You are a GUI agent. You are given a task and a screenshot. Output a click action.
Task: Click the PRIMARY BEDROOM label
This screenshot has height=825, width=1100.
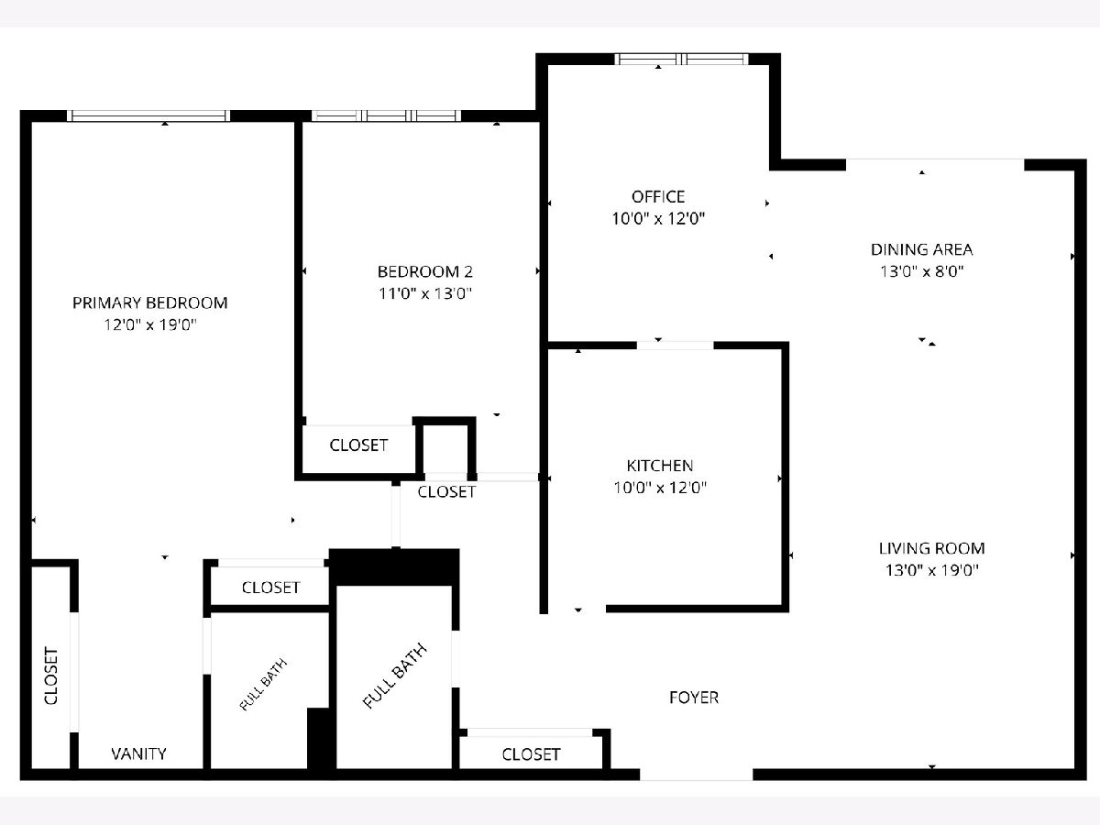(149, 303)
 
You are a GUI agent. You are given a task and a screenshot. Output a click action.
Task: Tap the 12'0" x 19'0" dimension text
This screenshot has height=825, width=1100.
(149, 325)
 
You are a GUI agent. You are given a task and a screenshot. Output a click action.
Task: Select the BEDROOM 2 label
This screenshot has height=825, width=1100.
(425, 271)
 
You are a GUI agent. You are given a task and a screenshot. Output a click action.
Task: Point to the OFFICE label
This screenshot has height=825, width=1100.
(658, 197)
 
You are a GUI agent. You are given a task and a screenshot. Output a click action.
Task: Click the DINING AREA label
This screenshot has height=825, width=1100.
(921, 249)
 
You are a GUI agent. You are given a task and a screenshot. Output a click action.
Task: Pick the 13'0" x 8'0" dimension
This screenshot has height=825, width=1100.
(921, 271)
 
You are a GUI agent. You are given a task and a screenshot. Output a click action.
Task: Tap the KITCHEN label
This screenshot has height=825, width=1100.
(659, 466)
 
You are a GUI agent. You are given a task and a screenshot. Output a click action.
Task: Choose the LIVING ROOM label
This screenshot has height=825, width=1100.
(931, 548)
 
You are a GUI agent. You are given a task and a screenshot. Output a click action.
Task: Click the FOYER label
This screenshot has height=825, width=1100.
(694, 698)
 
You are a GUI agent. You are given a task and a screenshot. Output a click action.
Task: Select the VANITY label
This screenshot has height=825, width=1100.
(138, 753)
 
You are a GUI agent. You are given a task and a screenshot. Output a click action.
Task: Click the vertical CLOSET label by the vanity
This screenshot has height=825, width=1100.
(51, 676)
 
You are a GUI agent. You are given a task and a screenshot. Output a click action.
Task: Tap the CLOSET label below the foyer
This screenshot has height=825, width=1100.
(531, 754)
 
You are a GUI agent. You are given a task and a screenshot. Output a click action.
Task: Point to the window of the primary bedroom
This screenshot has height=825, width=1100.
(148, 115)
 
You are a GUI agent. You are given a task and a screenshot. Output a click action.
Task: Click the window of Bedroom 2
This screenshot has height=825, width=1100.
(386, 115)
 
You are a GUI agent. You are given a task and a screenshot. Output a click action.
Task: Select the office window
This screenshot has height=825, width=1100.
(682, 59)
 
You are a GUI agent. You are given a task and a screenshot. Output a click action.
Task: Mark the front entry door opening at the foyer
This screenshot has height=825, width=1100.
(697, 775)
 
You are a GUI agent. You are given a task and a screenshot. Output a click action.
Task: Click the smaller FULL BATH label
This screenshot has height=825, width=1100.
(264, 684)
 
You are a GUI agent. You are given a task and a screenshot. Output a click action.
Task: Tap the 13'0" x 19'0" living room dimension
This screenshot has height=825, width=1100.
(931, 570)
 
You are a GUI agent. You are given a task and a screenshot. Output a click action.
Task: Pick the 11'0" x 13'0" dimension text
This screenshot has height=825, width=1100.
(425, 293)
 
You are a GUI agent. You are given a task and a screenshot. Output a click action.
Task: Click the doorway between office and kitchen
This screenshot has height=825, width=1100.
(675, 346)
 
